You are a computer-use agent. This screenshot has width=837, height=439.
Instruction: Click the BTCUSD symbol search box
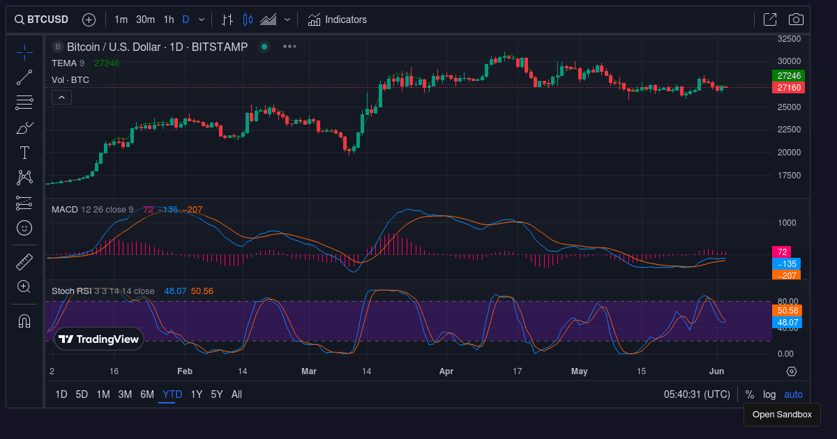(x=43, y=20)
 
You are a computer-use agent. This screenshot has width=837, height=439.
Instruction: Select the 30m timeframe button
(x=145, y=20)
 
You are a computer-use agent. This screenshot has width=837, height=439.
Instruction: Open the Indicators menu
(x=338, y=20)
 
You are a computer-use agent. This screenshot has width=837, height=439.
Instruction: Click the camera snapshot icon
(x=796, y=20)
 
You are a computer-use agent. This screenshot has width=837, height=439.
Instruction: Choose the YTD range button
(x=172, y=394)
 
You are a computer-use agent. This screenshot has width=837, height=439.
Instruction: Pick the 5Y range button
(x=217, y=394)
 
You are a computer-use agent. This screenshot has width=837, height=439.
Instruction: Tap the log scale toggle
(x=769, y=394)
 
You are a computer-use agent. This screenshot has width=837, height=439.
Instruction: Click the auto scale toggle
(x=793, y=394)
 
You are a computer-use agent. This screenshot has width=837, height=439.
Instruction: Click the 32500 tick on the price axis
(x=789, y=39)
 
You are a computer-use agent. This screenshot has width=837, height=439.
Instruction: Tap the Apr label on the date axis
(x=447, y=371)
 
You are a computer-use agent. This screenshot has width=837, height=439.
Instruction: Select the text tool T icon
(x=24, y=153)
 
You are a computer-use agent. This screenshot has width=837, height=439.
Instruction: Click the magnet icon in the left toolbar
(x=24, y=321)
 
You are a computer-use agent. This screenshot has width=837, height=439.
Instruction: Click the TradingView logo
(x=99, y=339)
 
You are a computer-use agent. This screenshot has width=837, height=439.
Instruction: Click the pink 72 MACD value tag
(x=782, y=252)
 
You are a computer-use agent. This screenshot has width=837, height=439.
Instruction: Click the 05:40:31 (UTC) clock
(x=697, y=394)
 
